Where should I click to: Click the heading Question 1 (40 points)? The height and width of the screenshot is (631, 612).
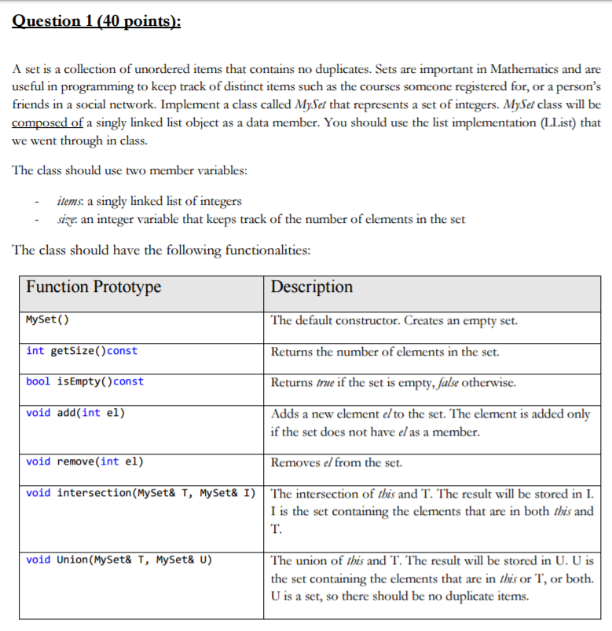pos(96,21)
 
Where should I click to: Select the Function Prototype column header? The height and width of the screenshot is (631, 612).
pos(93,286)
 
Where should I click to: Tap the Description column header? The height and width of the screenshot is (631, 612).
pos(312,286)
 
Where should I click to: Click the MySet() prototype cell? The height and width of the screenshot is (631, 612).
pos(47,320)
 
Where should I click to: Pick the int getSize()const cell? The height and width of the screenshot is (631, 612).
pos(82,351)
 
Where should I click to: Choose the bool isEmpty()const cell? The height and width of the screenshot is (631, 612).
pos(85,381)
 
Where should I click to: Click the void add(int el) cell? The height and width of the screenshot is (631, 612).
pos(75,413)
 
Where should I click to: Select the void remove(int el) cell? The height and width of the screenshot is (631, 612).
pos(85,461)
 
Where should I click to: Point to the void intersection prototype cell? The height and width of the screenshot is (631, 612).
pos(141,493)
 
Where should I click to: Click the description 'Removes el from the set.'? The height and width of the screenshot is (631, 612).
pos(336,462)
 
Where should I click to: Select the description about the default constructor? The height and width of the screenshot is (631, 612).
pos(394,320)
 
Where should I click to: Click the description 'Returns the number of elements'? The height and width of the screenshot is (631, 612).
pos(385,352)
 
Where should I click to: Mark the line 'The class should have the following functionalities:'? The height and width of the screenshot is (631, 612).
pos(162,250)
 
